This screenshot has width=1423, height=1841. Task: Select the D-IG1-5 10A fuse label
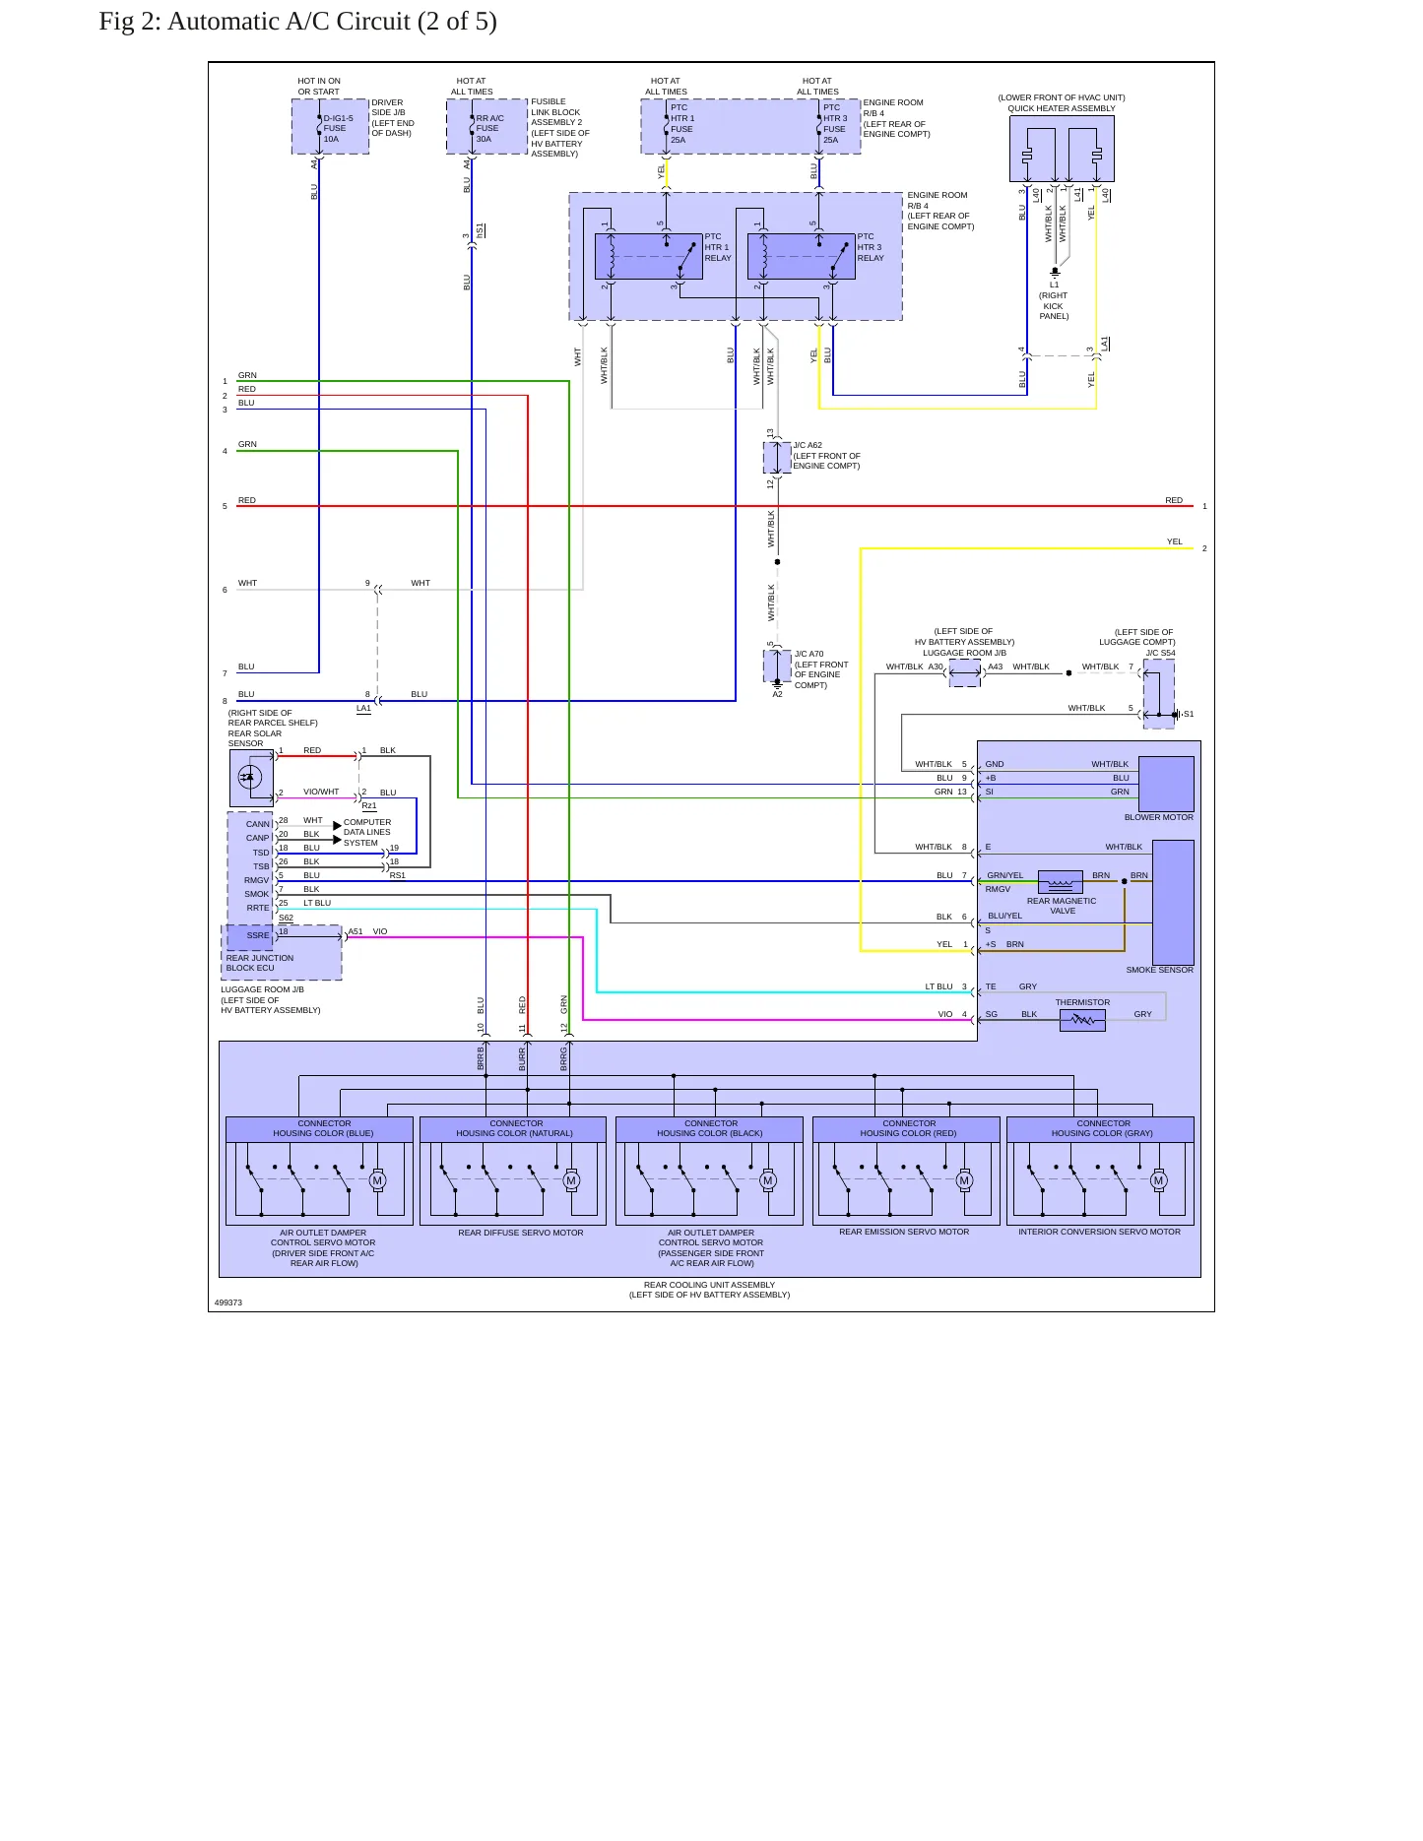pyautogui.click(x=338, y=129)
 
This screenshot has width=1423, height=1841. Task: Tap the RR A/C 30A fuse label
pyautogui.click(x=489, y=129)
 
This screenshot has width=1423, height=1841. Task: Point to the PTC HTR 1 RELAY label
pyautogui.click(x=718, y=247)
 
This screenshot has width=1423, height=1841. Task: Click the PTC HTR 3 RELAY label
pyautogui.click(x=871, y=247)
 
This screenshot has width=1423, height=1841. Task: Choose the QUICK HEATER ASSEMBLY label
pyautogui.click(x=1062, y=108)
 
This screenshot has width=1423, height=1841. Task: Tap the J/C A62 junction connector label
pyautogui.click(x=826, y=455)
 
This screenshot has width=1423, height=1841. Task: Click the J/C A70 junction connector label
pyautogui.click(x=821, y=669)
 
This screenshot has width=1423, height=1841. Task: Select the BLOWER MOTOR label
pyautogui.click(x=1159, y=817)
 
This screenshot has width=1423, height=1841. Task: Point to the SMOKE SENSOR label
pyautogui.click(x=1160, y=970)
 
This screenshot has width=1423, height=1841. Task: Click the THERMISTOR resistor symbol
pyautogui.click(x=1082, y=1021)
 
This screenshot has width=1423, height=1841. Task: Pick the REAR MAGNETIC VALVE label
pyautogui.click(x=1062, y=906)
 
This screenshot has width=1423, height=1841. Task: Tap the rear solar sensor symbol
pyautogui.click(x=251, y=779)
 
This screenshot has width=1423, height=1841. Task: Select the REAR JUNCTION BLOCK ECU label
pyautogui.click(x=260, y=963)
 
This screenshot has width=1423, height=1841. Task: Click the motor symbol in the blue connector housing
pyautogui.click(x=377, y=1180)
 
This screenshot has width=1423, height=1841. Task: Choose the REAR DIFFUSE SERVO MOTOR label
pyautogui.click(x=521, y=1233)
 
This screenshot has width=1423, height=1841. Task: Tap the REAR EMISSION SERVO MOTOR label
pyautogui.click(x=904, y=1232)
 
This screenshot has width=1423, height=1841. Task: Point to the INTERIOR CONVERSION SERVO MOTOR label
pyautogui.click(x=1099, y=1232)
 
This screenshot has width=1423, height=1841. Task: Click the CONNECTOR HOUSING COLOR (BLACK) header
pyautogui.click(x=710, y=1128)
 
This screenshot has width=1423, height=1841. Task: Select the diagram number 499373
pyautogui.click(x=228, y=1302)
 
